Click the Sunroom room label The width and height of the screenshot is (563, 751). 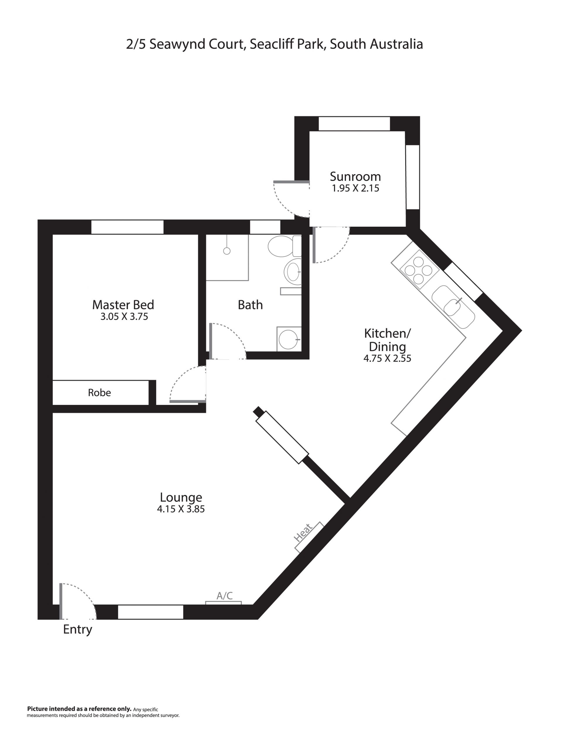click(355, 177)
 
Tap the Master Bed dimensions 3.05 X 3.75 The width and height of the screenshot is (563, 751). click(124, 316)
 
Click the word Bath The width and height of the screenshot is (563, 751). click(250, 305)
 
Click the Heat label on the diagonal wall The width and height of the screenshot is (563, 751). click(303, 532)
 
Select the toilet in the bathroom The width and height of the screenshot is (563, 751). click(284, 246)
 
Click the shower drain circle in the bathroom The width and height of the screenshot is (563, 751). click(227, 251)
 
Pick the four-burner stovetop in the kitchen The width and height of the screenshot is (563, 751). click(418, 271)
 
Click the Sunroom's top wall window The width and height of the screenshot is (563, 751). click(354, 123)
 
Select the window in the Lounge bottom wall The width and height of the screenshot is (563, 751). click(150, 611)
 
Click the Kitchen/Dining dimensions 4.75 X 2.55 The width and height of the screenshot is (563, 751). click(387, 359)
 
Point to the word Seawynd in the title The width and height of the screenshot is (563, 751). click(177, 45)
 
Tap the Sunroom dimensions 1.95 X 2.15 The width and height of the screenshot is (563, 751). click(355, 188)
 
